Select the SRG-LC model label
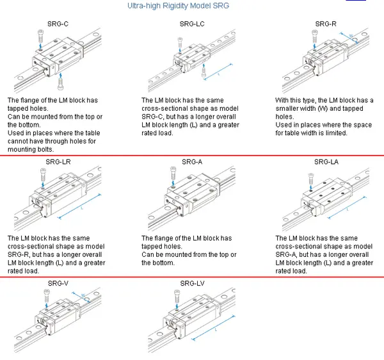[x=192, y=24]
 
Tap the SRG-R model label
[x=326, y=24]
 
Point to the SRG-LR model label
[x=58, y=161]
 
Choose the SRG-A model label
[x=192, y=161]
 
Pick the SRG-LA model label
[x=326, y=161]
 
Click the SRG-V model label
[x=58, y=283]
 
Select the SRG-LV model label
[x=192, y=283]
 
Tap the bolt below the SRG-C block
[x=60, y=81]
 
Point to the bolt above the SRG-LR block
[x=42, y=174]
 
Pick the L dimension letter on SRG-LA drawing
[x=348, y=209]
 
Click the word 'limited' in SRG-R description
[x=335, y=133]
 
